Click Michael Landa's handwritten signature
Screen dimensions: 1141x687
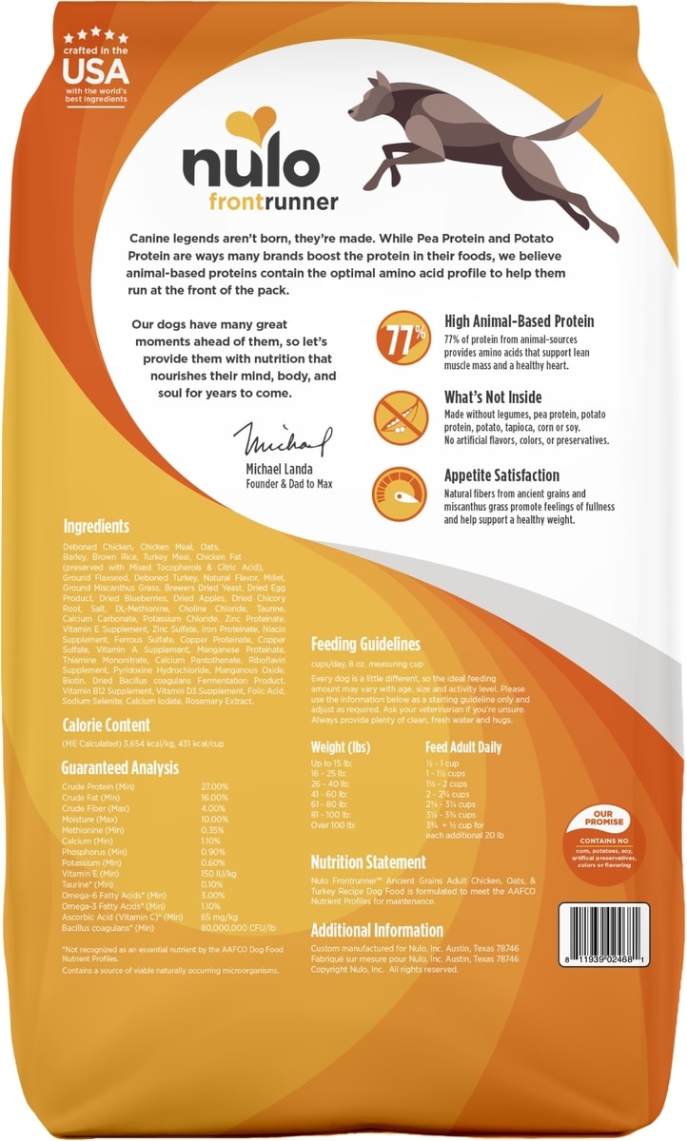pos(286,441)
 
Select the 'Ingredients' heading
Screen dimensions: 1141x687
pos(96,526)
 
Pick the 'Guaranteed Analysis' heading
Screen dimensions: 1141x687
pos(119,766)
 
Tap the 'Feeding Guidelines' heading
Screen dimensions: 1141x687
pos(365,644)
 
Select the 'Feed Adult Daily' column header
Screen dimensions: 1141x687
pos(463,747)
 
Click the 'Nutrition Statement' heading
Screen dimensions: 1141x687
pos(368,862)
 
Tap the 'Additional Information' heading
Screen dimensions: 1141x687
pos(377,930)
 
